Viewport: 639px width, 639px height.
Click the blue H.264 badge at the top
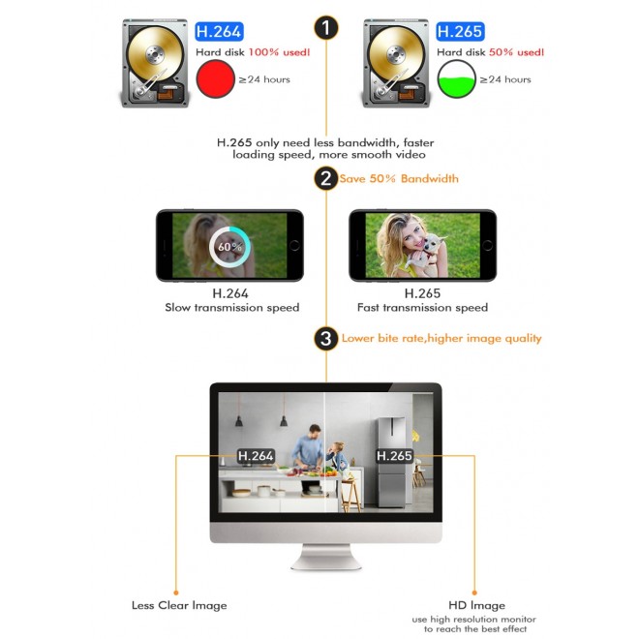(x=219, y=31)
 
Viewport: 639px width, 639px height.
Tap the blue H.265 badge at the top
(x=460, y=31)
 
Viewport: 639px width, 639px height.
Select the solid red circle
(x=215, y=78)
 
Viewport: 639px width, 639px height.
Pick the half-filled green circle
(x=456, y=78)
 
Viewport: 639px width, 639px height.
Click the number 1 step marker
(x=326, y=28)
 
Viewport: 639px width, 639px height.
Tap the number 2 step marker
(x=326, y=178)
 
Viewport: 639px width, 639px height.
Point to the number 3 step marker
(x=326, y=338)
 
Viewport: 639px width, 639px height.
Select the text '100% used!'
(x=279, y=52)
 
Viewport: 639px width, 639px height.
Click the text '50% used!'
(x=516, y=52)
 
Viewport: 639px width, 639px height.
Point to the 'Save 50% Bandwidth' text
(x=399, y=178)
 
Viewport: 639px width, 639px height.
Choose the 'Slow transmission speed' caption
(x=232, y=307)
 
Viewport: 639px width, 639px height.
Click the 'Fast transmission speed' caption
(x=422, y=307)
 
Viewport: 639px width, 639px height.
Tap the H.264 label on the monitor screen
(x=256, y=456)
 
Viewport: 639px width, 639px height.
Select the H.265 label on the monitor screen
(x=394, y=456)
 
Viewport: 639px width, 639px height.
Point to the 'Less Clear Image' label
(x=179, y=605)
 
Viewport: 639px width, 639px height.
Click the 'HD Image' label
(x=476, y=605)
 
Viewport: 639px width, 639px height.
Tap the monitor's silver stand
(x=326, y=557)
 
